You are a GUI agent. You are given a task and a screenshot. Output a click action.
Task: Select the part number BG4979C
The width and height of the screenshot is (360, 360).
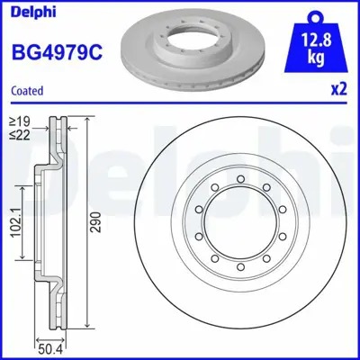[x=55, y=51]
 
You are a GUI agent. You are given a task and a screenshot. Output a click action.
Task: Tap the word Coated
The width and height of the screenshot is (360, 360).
[x=27, y=91]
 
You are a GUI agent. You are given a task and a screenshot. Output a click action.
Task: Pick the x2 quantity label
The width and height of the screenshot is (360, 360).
[x=340, y=91]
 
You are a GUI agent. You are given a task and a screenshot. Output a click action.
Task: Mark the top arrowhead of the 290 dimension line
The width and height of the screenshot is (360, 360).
[x=86, y=120]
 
